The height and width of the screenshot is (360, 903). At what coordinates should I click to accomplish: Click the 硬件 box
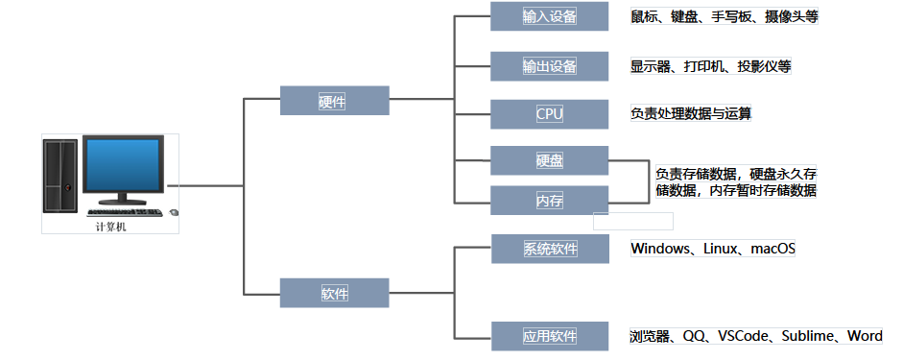(334, 101)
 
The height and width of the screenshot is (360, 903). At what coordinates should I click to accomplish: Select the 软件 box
(334, 293)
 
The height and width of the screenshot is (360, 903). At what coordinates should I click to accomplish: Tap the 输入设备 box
(549, 16)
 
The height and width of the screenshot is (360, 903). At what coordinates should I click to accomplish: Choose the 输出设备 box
(549, 66)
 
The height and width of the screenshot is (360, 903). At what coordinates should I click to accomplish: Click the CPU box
(549, 114)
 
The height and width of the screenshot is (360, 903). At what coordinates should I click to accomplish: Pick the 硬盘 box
(549, 159)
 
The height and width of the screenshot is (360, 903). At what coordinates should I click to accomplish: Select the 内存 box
(549, 200)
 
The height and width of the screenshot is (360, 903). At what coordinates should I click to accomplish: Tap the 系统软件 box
(549, 249)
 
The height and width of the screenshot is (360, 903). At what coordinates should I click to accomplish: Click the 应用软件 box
(549, 336)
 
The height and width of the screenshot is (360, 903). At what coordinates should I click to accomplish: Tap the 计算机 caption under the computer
(110, 228)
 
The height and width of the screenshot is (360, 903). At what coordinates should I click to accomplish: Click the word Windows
(661, 250)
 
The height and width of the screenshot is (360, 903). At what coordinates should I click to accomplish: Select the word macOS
(772, 250)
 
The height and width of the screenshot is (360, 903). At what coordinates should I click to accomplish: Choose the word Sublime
(809, 336)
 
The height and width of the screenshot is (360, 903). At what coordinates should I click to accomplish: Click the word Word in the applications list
(865, 336)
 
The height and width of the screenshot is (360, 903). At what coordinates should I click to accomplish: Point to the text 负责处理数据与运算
(690, 114)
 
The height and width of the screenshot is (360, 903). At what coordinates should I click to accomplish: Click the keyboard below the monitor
(124, 211)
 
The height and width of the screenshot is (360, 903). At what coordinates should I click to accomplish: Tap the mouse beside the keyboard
(174, 212)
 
